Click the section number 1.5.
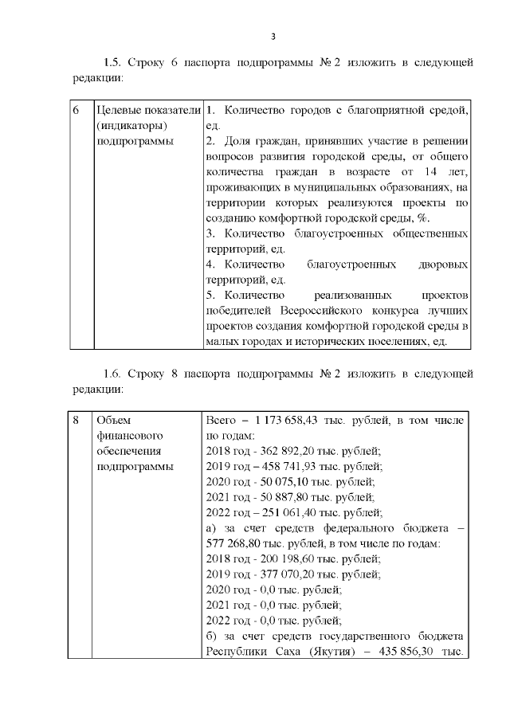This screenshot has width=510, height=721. tap(114, 62)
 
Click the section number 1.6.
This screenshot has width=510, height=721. tap(114, 374)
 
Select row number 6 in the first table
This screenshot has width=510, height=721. tap(76, 110)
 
